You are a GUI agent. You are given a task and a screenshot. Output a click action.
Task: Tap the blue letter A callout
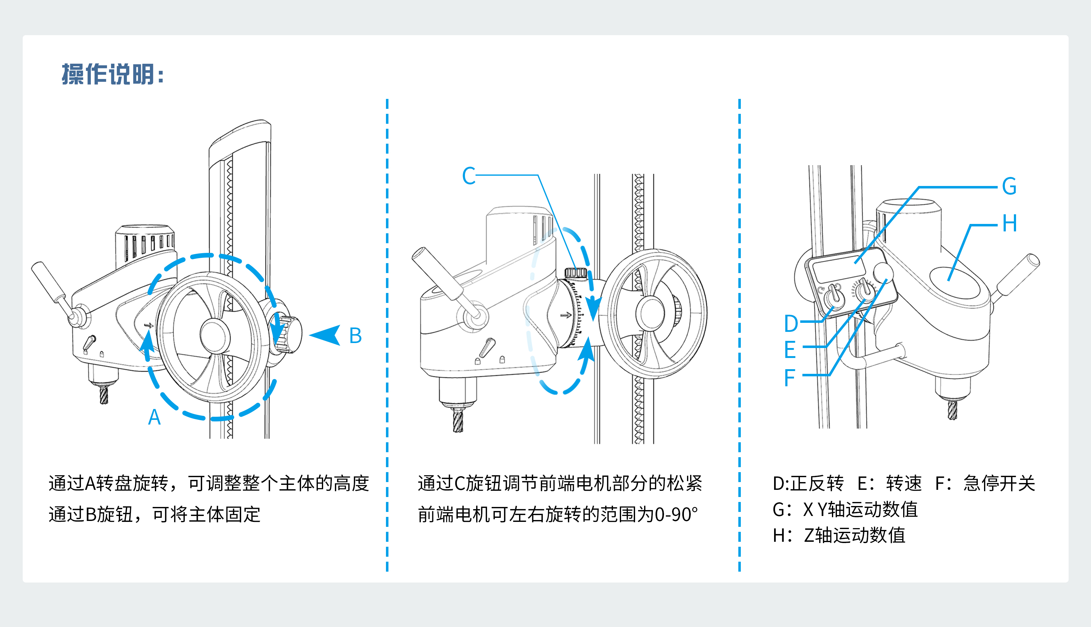click(154, 417)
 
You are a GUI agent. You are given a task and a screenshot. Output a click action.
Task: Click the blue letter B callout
click(355, 336)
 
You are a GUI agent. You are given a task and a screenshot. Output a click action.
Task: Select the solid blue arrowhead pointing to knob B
click(326, 335)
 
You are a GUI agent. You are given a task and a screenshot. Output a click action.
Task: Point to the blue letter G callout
click(1009, 187)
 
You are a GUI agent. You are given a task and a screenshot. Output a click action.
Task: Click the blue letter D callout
click(791, 323)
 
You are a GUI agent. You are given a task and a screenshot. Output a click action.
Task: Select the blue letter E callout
click(790, 349)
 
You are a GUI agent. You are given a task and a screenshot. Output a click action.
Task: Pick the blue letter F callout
click(790, 378)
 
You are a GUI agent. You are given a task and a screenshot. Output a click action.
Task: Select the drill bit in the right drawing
click(952, 410)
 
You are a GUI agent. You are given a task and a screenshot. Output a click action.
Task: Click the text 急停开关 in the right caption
click(999, 483)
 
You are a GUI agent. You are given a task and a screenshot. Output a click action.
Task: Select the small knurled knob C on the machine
click(575, 272)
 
